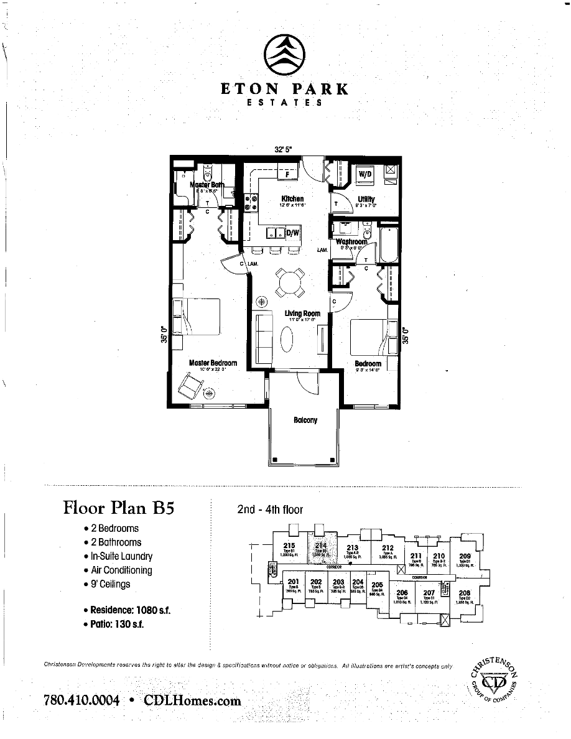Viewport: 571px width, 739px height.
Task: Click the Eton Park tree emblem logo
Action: click(x=285, y=54)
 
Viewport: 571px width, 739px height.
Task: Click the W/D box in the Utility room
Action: click(x=364, y=175)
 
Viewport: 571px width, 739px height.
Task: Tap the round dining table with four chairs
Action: click(x=290, y=283)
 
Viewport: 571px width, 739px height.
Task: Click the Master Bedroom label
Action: click(x=213, y=363)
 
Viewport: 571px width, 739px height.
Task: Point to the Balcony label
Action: click(x=305, y=420)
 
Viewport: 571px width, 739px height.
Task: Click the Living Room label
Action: click(x=302, y=314)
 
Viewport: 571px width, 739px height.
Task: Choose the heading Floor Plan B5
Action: click(x=118, y=508)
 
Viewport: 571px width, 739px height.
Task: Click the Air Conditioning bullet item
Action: click(x=121, y=570)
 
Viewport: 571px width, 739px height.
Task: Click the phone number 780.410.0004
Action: click(x=81, y=700)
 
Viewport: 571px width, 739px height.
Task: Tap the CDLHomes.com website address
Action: click(x=192, y=700)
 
